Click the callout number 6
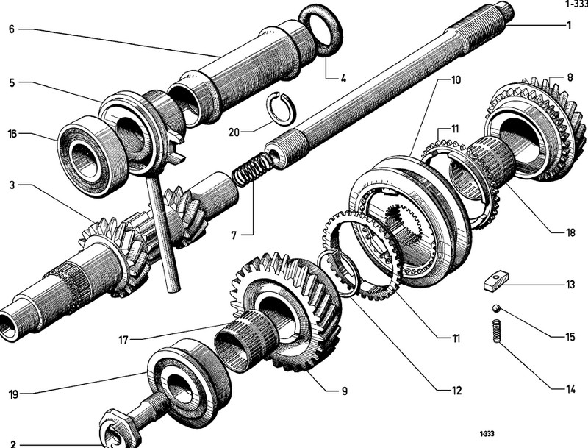click(12, 29)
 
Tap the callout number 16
click(12, 134)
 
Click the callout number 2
click(12, 444)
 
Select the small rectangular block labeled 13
click(497, 280)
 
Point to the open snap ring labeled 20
click(280, 111)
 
